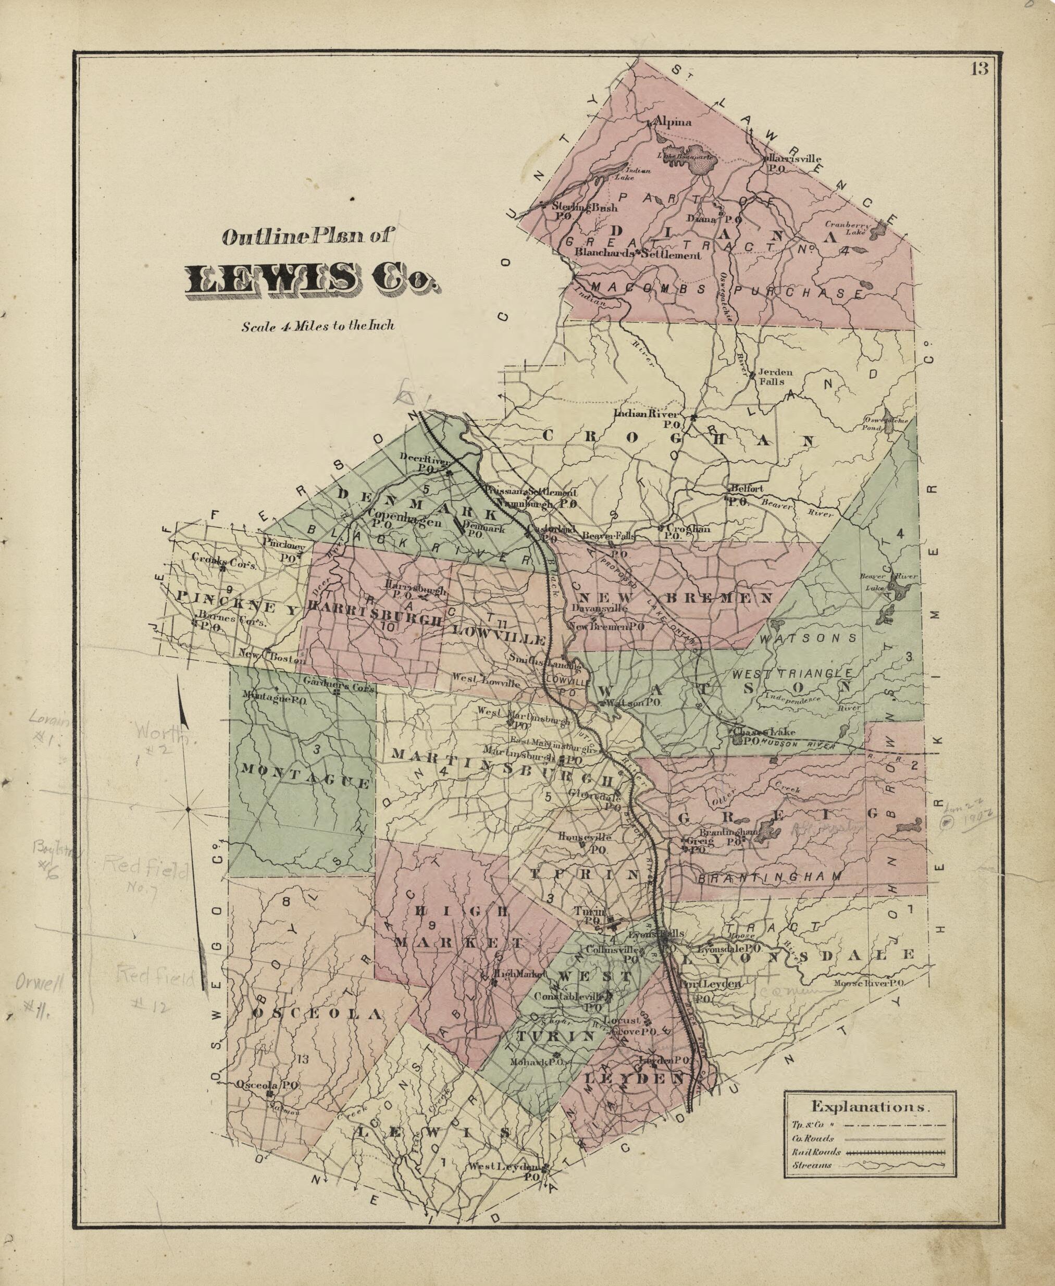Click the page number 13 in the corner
(979, 68)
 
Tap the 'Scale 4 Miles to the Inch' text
(318, 326)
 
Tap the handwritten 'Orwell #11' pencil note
(36, 993)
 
